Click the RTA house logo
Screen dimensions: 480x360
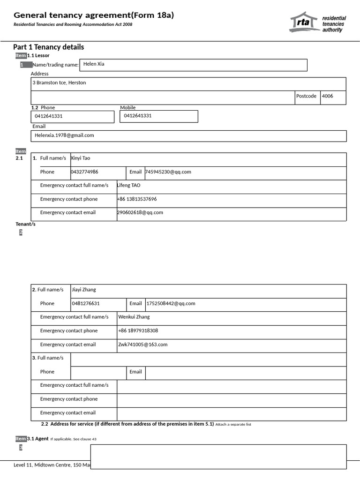pyautogui.click(x=304, y=22)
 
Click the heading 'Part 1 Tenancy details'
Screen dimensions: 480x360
pyautogui.click(x=49, y=47)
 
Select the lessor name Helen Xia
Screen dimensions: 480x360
pyautogui.click(x=94, y=64)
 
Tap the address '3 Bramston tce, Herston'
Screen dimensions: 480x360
pyautogui.click(x=59, y=83)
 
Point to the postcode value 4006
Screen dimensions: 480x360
pyautogui.click(x=328, y=96)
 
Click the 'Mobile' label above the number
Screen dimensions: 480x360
pyautogui.click(x=128, y=108)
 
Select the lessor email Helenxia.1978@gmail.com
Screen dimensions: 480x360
pyautogui.click(x=64, y=135)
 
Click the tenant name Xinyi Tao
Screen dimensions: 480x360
pyautogui.click(x=80, y=158)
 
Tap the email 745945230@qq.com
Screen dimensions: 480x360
pyautogui.click(x=168, y=172)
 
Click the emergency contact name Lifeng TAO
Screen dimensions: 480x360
pyautogui.click(x=128, y=186)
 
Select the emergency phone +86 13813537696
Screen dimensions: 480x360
pyautogui.click(x=137, y=199)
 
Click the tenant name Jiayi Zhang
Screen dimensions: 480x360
pyautogui.click(x=84, y=290)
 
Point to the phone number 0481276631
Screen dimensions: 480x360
pyautogui.click(x=86, y=304)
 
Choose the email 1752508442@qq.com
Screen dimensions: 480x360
pyautogui.click(x=171, y=304)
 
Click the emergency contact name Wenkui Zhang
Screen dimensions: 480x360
pyautogui.click(x=134, y=317)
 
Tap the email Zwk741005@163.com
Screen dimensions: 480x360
pyautogui.click(x=142, y=345)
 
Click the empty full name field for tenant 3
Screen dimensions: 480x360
pyautogui.click(x=208, y=360)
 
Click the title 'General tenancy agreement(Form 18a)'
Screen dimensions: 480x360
pyautogui.click(x=94, y=15)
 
